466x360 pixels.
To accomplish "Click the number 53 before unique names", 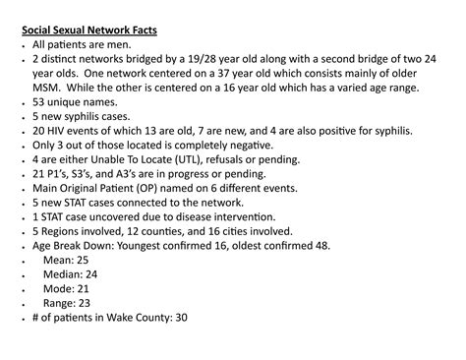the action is point(39,101).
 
